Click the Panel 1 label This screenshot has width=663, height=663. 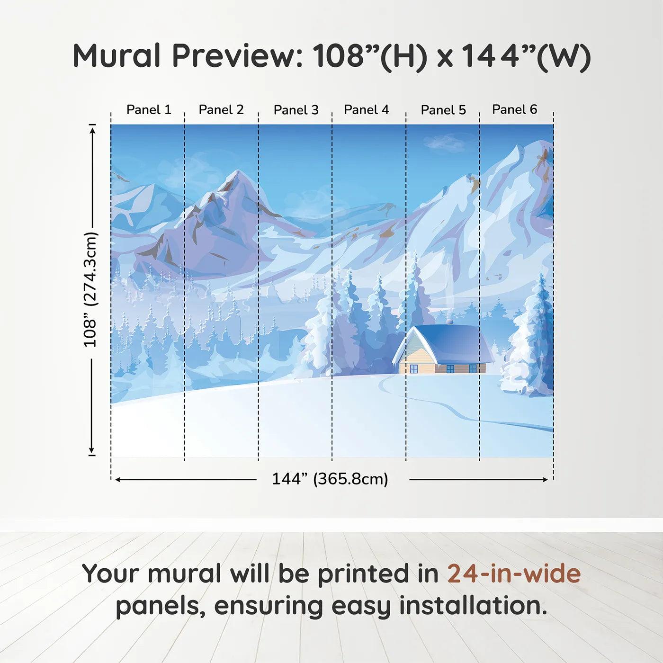[x=149, y=110]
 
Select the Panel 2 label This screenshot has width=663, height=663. [x=221, y=110]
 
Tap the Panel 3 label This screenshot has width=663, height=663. [x=296, y=110]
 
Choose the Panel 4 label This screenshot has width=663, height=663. [x=367, y=110]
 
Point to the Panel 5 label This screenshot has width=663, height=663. [x=443, y=110]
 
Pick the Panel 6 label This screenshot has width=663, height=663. [x=514, y=109]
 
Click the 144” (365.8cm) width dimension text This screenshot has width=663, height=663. [x=330, y=479]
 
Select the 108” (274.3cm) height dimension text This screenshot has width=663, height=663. [x=90, y=290]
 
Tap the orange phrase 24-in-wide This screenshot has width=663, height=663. [x=514, y=573]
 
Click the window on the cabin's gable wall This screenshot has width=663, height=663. [x=414, y=369]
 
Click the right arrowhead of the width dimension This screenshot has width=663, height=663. [x=544, y=480]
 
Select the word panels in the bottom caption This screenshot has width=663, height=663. [x=158, y=607]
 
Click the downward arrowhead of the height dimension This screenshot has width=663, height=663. [x=91, y=450]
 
